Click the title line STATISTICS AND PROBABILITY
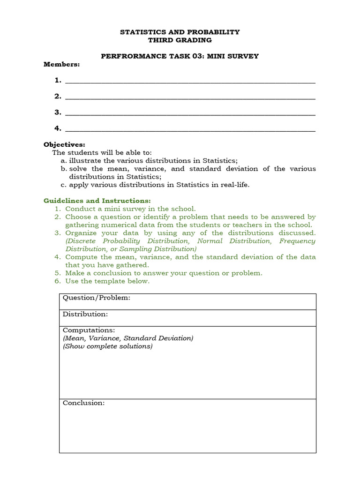click(x=180, y=32)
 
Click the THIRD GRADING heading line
click(x=180, y=40)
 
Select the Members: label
click(x=62, y=64)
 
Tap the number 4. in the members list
click(x=58, y=128)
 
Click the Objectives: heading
click(x=65, y=144)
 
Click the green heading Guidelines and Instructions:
click(x=97, y=201)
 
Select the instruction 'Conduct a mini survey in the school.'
click(x=130, y=209)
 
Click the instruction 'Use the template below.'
click(x=107, y=281)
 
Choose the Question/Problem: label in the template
click(x=97, y=298)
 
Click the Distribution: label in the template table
click(x=85, y=314)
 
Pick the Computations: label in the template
click(x=89, y=330)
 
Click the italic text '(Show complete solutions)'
click(x=108, y=346)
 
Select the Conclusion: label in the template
click(x=84, y=403)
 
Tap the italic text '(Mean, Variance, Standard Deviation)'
click(x=128, y=338)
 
